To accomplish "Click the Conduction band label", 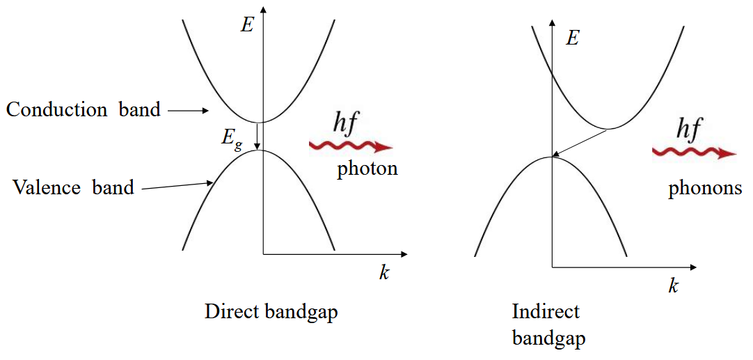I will (84, 110).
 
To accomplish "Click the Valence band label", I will (73, 187).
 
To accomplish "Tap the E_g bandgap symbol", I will (232, 137).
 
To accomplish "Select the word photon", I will (367, 169).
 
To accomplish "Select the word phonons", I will (705, 189).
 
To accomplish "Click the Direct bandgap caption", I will (271, 311).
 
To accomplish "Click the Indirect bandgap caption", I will (548, 324).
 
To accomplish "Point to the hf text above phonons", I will (690, 130).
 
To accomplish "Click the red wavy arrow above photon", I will (350, 146).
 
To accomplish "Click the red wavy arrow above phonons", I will (693, 152).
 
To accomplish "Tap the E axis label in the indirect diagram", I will (572, 38).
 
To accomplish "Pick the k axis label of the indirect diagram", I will (673, 285).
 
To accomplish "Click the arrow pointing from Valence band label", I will (177, 185).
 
